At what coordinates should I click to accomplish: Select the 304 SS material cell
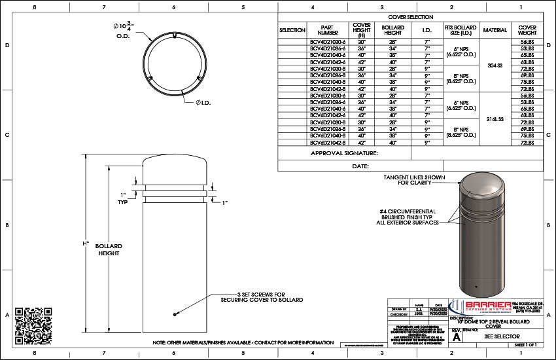(x=495, y=65)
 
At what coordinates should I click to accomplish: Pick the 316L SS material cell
(x=495, y=120)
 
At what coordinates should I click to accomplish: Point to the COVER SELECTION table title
(x=410, y=16)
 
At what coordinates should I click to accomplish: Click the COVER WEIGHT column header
(x=527, y=29)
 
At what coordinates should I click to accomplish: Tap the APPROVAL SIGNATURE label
(x=345, y=153)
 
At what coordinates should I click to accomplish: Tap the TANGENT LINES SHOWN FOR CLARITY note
(x=414, y=180)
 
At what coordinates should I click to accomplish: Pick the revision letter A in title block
(x=457, y=336)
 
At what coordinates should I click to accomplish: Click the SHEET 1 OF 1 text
(x=526, y=344)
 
